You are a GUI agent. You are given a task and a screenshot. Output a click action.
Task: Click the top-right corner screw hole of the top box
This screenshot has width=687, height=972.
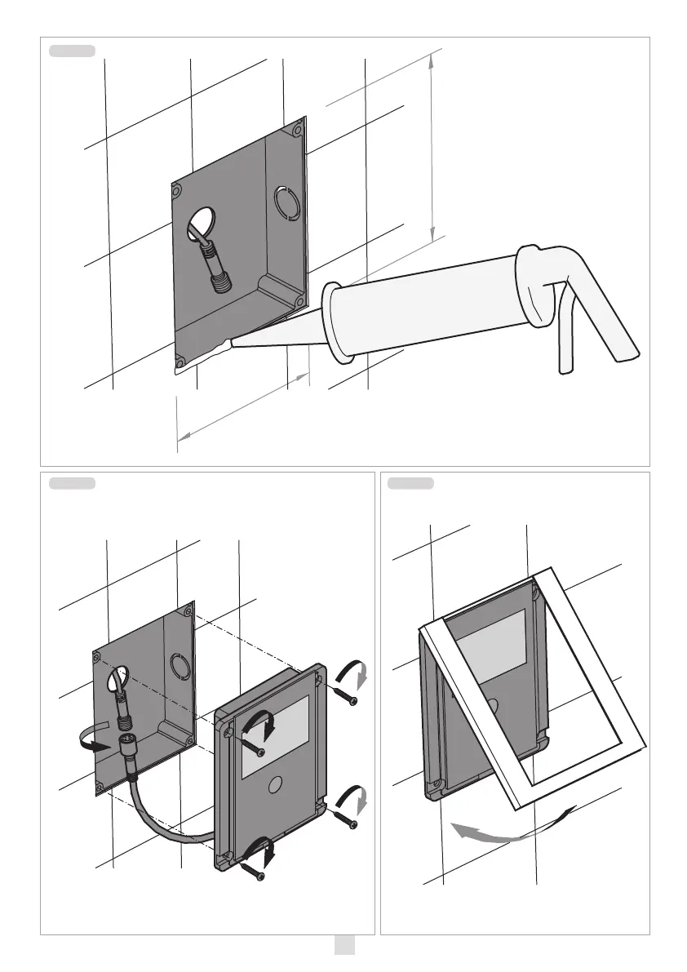[298, 128]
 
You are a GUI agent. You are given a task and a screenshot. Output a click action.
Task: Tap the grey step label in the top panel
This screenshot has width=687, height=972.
[72, 51]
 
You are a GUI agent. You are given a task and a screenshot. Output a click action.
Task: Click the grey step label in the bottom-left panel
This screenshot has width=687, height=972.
[72, 484]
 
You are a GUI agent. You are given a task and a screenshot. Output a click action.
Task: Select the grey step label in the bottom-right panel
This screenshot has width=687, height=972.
[410, 484]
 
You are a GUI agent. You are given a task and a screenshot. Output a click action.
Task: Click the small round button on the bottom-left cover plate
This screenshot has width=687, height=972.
[274, 784]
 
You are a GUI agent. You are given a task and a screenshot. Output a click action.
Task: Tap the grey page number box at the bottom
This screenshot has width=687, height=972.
[343, 945]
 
